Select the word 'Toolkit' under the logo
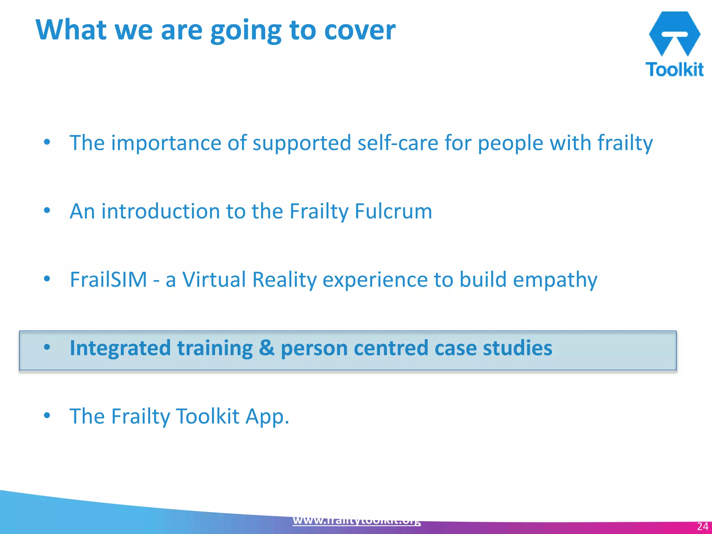pos(674,70)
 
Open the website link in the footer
pos(357,520)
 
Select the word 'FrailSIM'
pos(108,280)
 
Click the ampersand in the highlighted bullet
pos(267,348)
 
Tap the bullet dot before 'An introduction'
pos(47,210)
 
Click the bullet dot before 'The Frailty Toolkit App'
pos(47,415)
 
